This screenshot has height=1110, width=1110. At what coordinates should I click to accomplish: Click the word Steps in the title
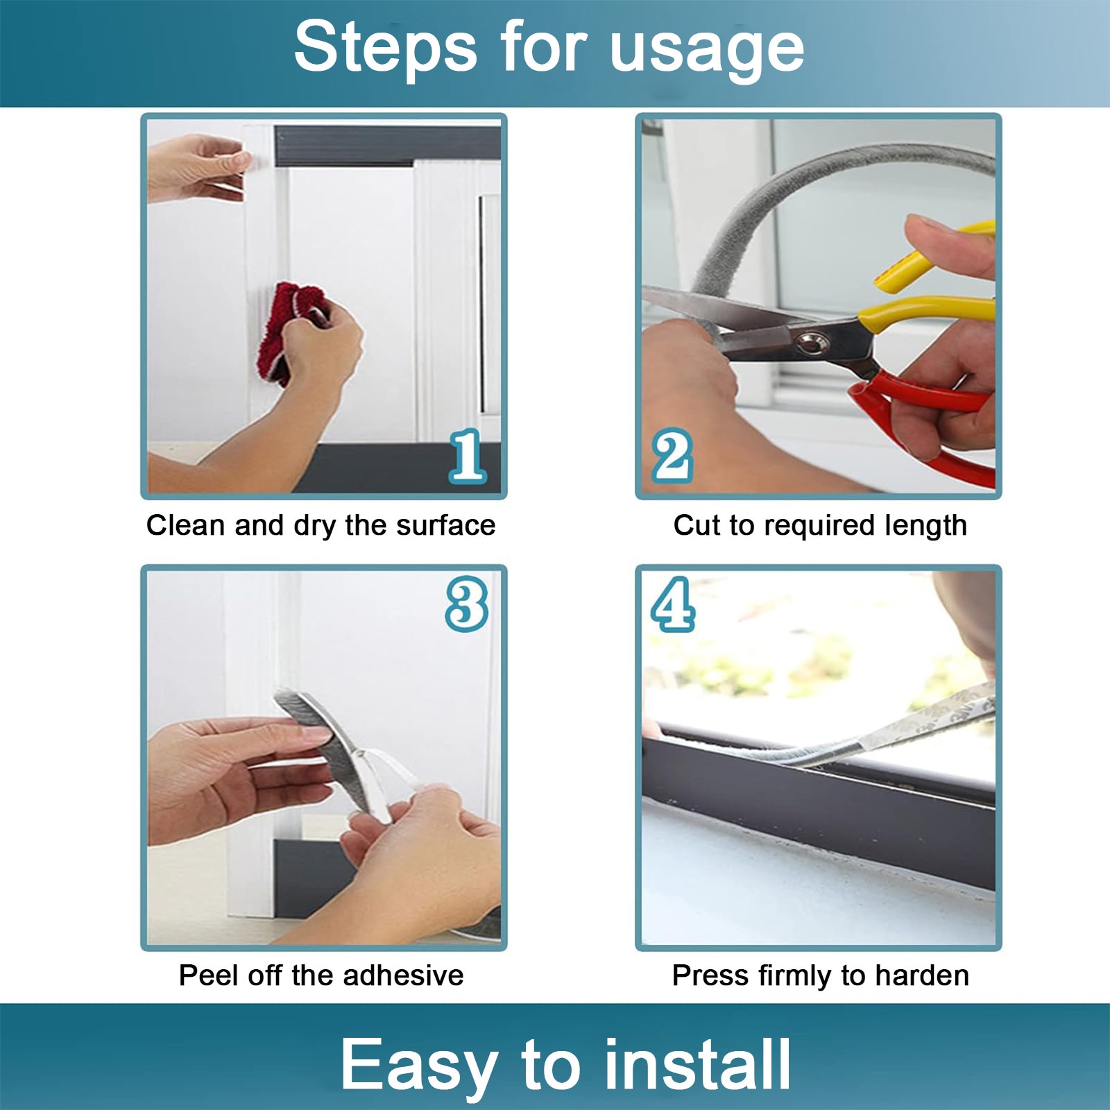coord(386,48)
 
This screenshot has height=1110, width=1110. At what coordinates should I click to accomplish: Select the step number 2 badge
coord(672,456)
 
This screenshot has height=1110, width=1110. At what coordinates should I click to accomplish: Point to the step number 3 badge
coord(467,604)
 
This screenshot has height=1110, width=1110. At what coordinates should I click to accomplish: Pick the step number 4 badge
coord(673,604)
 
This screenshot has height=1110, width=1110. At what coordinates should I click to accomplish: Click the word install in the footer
coord(697,1064)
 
